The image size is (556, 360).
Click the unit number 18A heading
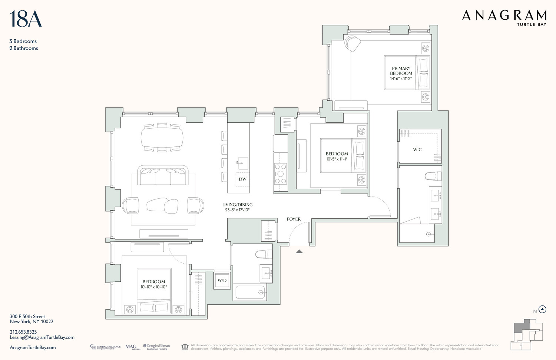pyautogui.click(x=25, y=19)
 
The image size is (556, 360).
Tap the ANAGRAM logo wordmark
pyautogui.click(x=504, y=16)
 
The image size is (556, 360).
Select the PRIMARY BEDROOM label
pyautogui.click(x=401, y=71)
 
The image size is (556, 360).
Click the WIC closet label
pyautogui.click(x=417, y=150)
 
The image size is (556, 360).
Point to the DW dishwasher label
pyautogui.click(x=242, y=179)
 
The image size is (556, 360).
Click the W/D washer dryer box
pyautogui.click(x=222, y=280)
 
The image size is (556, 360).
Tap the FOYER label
pyautogui.click(x=294, y=219)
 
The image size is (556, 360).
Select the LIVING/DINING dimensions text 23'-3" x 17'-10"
pyautogui.click(x=237, y=210)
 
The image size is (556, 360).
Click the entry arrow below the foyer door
pyautogui.click(x=299, y=252)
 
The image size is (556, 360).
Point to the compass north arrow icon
pyautogui.click(x=543, y=310)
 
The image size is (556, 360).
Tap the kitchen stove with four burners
pyautogui.click(x=281, y=174)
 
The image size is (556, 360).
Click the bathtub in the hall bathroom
pyautogui.click(x=250, y=292)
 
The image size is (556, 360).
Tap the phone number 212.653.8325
pyautogui.click(x=23, y=332)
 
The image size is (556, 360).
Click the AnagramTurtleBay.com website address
pyautogui.click(x=33, y=348)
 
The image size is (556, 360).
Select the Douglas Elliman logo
pyautogui.click(x=156, y=347)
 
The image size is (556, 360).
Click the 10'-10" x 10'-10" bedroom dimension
pyautogui.click(x=153, y=287)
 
